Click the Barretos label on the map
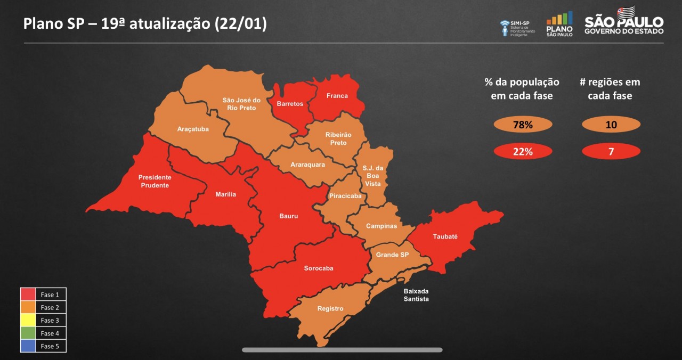coord(290,104)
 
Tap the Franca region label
coord(337,96)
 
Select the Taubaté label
coord(445,236)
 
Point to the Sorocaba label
coord(319,268)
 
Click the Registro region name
coord(330,309)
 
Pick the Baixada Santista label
coord(416,295)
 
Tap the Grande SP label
coord(392,255)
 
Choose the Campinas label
coord(381,226)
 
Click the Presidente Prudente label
coord(155,181)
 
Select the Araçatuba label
coord(193,129)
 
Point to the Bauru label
coord(289,216)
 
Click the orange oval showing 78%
coord(523,125)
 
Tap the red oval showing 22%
coord(523,152)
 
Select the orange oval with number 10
coord(611,125)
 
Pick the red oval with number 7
coord(611,152)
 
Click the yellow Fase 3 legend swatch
coord(28,320)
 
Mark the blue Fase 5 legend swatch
coord(28,346)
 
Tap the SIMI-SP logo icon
coord(505,28)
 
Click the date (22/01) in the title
coord(241,24)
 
